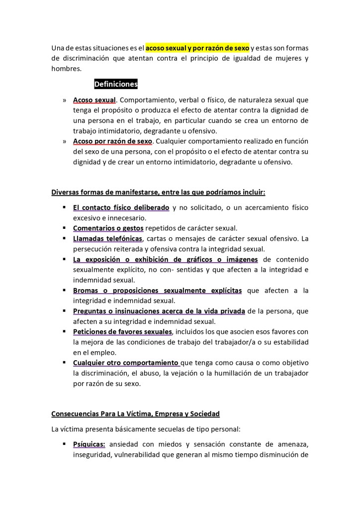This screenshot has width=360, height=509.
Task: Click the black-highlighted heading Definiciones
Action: (x=115, y=84)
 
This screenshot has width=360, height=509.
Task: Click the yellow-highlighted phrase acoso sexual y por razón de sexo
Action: (x=197, y=48)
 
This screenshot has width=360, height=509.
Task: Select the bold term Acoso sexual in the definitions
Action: (x=94, y=100)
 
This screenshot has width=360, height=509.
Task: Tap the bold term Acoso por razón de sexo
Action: (x=112, y=141)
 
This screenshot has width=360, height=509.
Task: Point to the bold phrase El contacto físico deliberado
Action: (x=121, y=207)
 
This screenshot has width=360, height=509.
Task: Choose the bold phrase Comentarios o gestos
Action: (x=108, y=228)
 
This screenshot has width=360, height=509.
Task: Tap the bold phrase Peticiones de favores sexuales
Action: (x=122, y=332)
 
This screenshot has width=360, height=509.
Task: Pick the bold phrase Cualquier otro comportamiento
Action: (x=126, y=363)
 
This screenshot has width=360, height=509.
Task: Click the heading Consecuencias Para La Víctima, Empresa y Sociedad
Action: (x=136, y=414)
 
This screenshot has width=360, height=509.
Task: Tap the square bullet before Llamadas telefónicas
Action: (x=65, y=239)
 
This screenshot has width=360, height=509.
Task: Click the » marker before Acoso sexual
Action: (x=65, y=100)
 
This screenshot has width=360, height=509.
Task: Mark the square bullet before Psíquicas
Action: (x=65, y=443)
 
